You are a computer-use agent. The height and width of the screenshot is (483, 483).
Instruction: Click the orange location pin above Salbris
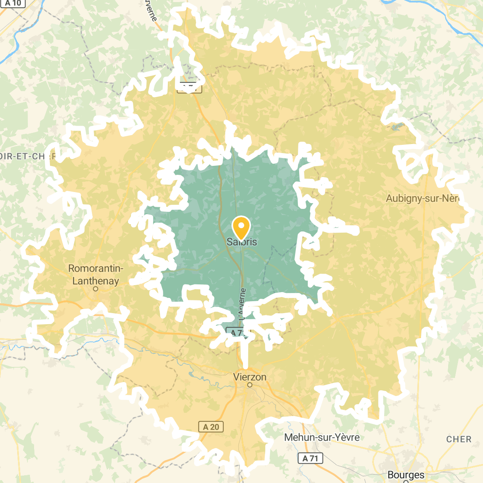tap(241, 227)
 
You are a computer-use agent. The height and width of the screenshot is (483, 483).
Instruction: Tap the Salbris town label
tap(242, 242)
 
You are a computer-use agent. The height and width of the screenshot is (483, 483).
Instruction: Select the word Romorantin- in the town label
tap(96, 269)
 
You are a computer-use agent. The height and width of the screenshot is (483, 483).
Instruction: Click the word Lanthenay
tap(96, 281)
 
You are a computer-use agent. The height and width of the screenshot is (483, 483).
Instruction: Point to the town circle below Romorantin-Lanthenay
tap(96, 289)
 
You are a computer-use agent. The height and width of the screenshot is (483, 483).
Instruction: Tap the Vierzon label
tap(250, 377)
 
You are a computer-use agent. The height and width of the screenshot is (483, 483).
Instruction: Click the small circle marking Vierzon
tap(250, 385)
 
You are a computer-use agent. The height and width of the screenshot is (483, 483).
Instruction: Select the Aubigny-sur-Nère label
tap(422, 199)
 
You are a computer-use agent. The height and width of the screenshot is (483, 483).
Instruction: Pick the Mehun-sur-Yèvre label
tap(322, 437)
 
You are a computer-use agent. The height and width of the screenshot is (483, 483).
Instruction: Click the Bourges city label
tap(406, 475)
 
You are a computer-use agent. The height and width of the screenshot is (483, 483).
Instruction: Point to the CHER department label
tap(459, 440)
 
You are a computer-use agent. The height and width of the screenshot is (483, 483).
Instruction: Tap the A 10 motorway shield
tap(13, 3)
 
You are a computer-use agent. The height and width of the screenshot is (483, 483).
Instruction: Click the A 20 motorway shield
tap(211, 427)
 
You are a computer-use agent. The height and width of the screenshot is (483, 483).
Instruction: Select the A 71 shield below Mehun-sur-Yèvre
tap(310, 458)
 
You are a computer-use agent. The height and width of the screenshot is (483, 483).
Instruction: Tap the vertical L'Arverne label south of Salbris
tap(242, 304)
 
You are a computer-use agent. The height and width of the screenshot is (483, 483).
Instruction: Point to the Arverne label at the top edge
tap(151, 10)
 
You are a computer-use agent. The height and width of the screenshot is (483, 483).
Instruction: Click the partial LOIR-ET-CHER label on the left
tap(27, 156)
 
